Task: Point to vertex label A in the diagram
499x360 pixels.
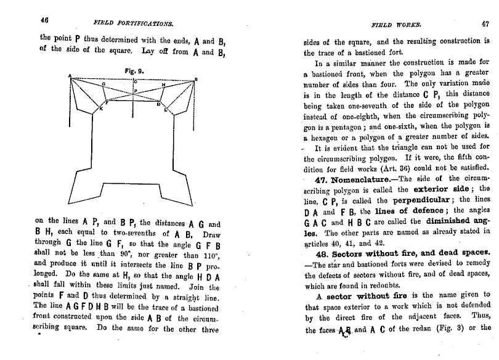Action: pyautogui.click(x=70, y=76)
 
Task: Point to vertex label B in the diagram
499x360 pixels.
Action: pyautogui.click(x=196, y=79)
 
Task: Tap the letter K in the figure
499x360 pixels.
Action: pyautogui.click(x=101, y=109)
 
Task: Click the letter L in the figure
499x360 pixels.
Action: pyautogui.click(x=165, y=110)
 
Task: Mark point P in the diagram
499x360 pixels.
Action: pyautogui.click(x=136, y=91)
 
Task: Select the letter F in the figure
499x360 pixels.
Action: pyautogui.click(x=105, y=104)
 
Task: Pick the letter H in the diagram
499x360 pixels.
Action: pyautogui.click(x=163, y=84)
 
